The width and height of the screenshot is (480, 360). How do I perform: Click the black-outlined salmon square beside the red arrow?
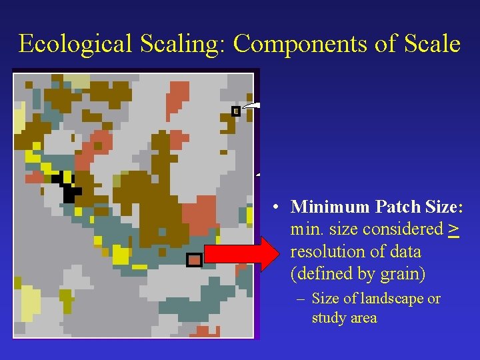[x=193, y=260]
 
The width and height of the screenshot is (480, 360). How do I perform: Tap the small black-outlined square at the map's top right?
[x=235, y=111]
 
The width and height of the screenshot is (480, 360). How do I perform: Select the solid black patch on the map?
[x=67, y=187]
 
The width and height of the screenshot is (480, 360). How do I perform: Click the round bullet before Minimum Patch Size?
[x=275, y=207]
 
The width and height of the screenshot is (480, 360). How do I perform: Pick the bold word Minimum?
[x=323, y=207]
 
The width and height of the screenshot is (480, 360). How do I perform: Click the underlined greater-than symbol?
[x=453, y=229]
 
